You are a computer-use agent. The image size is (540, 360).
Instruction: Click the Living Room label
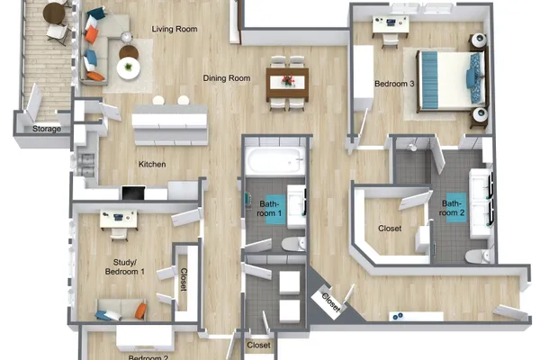pyautogui.click(x=175, y=29)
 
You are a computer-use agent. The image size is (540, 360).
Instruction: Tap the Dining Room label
pyautogui.click(x=227, y=78)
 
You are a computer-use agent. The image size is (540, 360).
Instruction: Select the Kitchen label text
pyautogui.click(x=152, y=165)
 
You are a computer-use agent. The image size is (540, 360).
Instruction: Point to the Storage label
pyautogui.click(x=47, y=129)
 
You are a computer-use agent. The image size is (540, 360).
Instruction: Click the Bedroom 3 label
pyautogui.click(x=394, y=84)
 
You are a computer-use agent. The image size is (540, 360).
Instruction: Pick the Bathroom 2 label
pyautogui.click(x=453, y=208)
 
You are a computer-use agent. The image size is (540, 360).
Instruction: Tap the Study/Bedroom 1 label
pyautogui.click(x=125, y=267)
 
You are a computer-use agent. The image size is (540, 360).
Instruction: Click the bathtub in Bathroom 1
pyautogui.click(x=276, y=160)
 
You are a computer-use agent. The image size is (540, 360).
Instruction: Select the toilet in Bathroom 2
pyautogui.click(x=477, y=256)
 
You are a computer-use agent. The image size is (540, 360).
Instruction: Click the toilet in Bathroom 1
pyautogui.click(x=293, y=244)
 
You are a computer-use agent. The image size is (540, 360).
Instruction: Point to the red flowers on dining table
pyautogui.click(x=288, y=80)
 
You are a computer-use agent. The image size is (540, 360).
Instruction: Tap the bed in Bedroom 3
pyautogui.click(x=452, y=81)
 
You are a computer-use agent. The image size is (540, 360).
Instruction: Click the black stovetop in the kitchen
pyautogui.click(x=133, y=193)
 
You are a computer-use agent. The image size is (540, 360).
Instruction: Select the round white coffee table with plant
pyautogui.click(x=129, y=67)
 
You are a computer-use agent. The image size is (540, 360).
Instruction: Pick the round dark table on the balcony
pyautogui.click(x=54, y=13)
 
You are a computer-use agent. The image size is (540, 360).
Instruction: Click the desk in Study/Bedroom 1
pyautogui.click(x=119, y=220)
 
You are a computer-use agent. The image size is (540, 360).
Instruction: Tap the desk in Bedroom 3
pyautogui.click(x=391, y=25)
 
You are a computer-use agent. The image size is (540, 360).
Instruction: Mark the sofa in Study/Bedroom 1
pyautogui.click(x=121, y=310)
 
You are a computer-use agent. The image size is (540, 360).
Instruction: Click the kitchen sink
pyautogui.click(x=86, y=166)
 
